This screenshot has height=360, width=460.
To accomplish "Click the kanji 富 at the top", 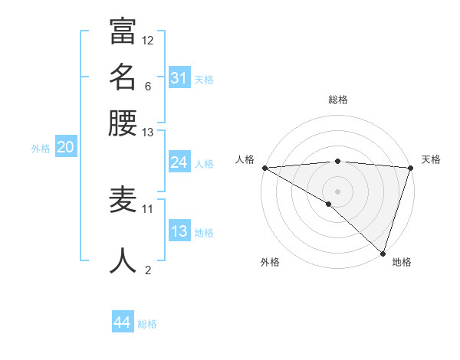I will [x=123, y=31].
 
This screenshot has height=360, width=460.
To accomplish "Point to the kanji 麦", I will [x=123, y=201].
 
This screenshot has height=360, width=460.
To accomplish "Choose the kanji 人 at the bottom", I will [x=123, y=260].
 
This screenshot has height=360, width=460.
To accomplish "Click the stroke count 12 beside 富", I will [x=148, y=40].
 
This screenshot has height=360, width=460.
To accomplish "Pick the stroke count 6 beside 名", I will [x=147, y=86].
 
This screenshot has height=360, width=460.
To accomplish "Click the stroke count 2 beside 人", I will [x=148, y=270].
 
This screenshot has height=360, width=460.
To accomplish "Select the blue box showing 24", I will [x=179, y=162].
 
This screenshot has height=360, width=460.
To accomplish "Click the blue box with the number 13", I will [x=179, y=231].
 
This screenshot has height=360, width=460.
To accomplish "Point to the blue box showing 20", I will [x=65, y=147].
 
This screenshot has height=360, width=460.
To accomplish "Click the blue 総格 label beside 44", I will [x=147, y=324].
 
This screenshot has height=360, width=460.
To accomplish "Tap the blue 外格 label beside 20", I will [x=41, y=149].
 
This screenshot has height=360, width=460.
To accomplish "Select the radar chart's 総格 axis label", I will [x=337, y=100].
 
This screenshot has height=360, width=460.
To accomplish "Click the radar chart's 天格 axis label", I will [x=431, y=159].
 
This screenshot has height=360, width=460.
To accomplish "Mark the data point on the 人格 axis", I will [x=264, y=168].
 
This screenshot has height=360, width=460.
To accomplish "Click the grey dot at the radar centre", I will [x=337, y=191].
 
